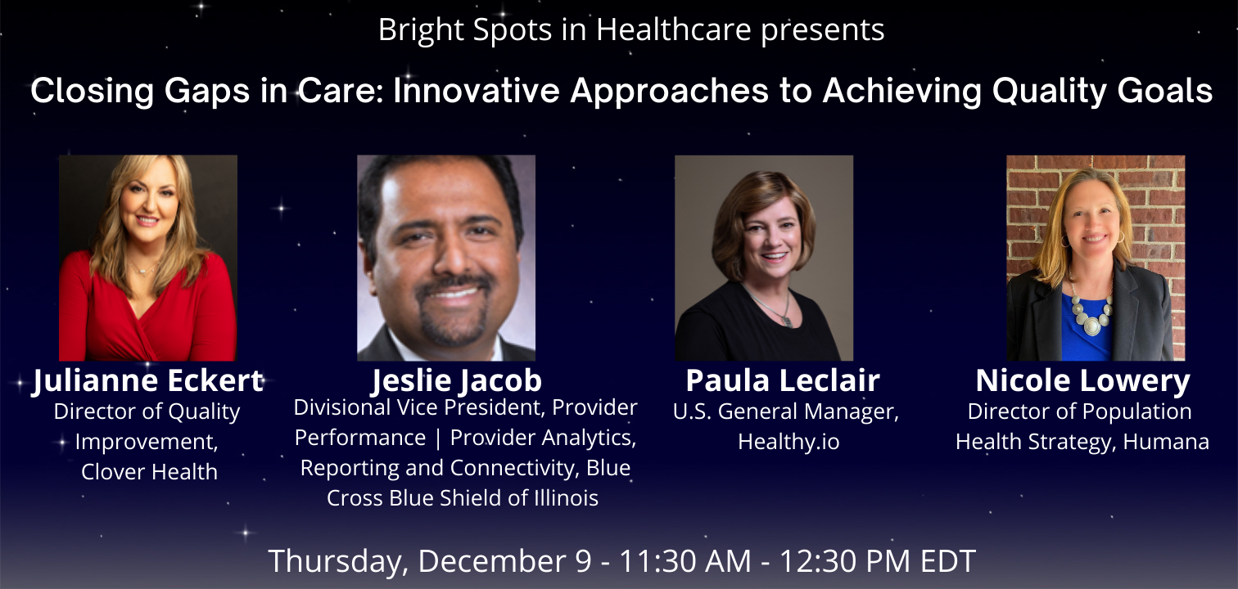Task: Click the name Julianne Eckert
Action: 148,381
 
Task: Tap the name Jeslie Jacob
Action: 457,381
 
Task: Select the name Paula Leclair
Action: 783,380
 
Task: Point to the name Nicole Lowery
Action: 1082,381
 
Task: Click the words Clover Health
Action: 149,472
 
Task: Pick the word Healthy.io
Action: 788,442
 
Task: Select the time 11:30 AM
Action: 685,561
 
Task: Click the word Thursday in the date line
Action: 338,561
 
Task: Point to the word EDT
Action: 948,561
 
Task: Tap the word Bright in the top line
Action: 421,29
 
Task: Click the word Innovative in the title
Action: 476,91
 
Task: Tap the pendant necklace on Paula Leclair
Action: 776,307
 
